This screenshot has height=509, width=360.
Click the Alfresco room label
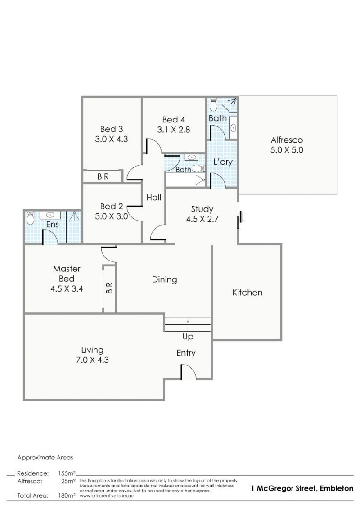tap(287, 140)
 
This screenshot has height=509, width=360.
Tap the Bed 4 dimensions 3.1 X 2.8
tap(174, 130)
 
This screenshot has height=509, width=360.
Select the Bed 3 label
tap(111, 129)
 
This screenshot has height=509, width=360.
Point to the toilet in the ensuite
tap(30, 218)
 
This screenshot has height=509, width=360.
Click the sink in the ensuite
tap(50, 215)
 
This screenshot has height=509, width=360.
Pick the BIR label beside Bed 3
tap(103, 176)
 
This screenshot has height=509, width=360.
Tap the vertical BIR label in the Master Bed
tap(109, 288)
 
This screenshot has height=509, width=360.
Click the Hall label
tap(153, 198)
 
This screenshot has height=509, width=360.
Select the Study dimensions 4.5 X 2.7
tap(202, 219)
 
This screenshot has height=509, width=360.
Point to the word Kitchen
tap(247, 293)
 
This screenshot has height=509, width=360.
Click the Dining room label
tap(165, 280)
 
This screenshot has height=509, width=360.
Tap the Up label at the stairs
tap(188, 337)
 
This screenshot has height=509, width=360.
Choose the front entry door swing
tap(188, 372)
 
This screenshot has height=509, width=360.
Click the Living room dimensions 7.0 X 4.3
tap(92, 360)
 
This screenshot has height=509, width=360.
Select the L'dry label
tap(223, 162)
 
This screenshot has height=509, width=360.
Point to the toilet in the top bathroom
tap(213, 105)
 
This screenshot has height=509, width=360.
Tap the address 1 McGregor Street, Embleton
tap(302, 488)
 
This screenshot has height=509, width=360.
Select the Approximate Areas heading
tap(45, 458)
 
